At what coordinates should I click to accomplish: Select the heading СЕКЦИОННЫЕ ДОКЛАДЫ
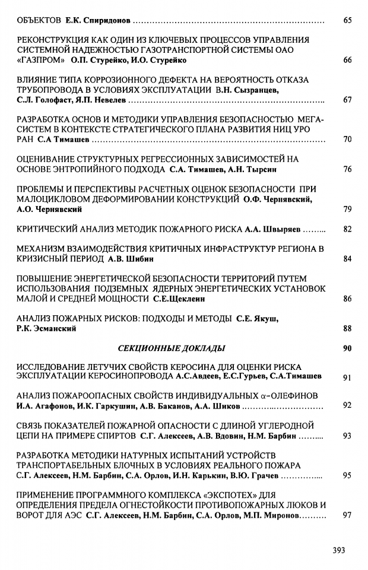pyautogui.click(x=179, y=348)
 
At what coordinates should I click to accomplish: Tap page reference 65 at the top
pyautogui.click(x=348, y=20)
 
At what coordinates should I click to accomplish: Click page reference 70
pyautogui.click(x=348, y=140)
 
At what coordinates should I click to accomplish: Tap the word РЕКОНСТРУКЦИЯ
pyautogui.click(x=50, y=40)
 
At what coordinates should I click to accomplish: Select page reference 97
pyautogui.click(x=348, y=515)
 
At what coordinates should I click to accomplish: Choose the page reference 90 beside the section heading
pyautogui.click(x=348, y=348)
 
